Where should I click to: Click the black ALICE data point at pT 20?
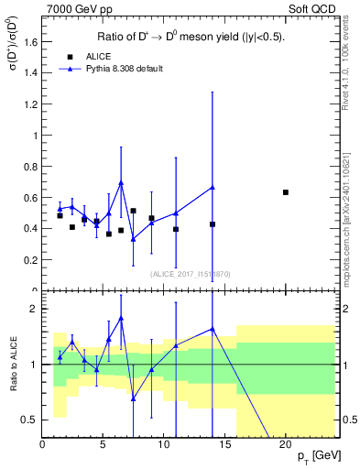pyautogui.click(x=286, y=192)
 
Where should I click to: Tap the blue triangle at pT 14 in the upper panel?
pyautogui.click(x=213, y=187)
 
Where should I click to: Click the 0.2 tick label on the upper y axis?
pyautogui.click(x=31, y=259)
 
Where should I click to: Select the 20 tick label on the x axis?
pyautogui.click(x=286, y=446)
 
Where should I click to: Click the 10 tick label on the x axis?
pyautogui.click(x=164, y=446)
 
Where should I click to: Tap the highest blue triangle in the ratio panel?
pyautogui.click(x=121, y=318)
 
